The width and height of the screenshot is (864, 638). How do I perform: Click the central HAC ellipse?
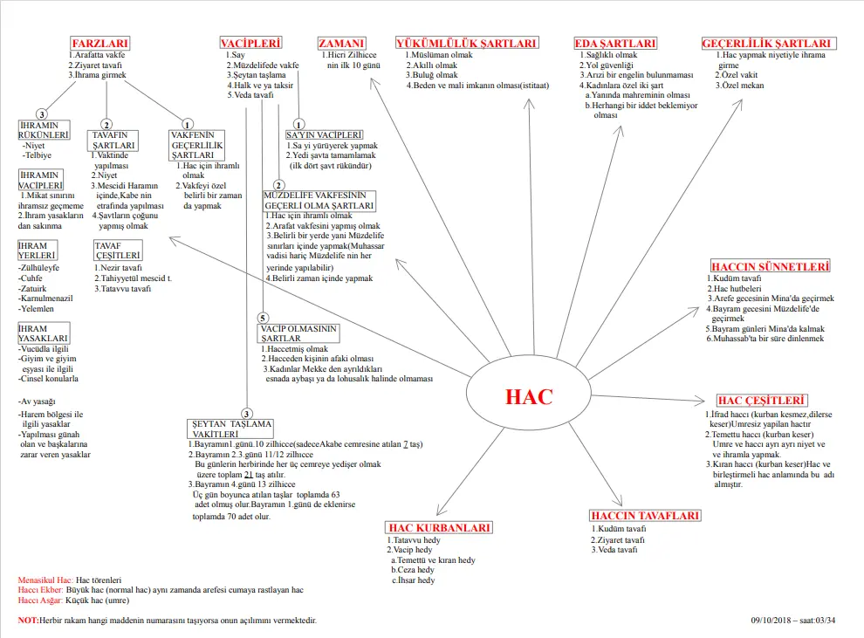pos(529,396)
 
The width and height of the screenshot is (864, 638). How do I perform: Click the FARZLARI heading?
pos(100,43)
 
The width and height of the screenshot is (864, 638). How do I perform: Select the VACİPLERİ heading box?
pos(251,43)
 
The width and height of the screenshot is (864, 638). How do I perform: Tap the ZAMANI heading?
pos(341,43)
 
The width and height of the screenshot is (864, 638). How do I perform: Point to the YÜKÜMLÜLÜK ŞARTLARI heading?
pos(466,43)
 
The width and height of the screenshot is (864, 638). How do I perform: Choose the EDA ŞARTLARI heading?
pos(615,43)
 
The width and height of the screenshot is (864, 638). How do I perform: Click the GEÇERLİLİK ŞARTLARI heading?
pos(768,43)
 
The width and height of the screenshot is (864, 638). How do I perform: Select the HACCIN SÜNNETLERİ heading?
pos(770,266)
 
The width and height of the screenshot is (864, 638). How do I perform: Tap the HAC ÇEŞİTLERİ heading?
pos(761,401)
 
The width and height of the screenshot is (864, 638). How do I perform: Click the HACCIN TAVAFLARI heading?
pos(645,516)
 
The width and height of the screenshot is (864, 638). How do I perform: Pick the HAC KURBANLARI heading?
pos(439,527)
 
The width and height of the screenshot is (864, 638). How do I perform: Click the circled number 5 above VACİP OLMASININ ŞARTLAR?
pos(263,318)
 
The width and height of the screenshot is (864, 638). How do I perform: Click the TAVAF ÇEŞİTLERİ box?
pos(118,250)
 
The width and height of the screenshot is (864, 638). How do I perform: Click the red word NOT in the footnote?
pos(28,620)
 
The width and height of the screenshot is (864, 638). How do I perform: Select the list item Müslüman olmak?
pos(437,55)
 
